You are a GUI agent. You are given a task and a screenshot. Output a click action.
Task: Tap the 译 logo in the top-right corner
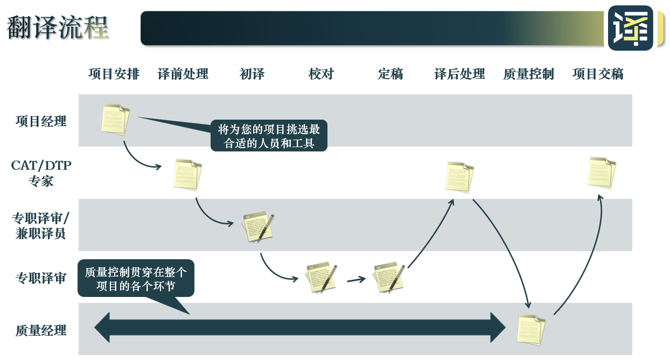pos(630,28)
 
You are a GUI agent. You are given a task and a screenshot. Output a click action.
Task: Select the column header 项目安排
pos(114,74)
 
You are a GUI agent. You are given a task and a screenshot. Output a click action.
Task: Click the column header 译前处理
pos(183,74)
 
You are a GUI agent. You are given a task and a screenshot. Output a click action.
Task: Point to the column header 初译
pos(252,74)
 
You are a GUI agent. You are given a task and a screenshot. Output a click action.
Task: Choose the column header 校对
pos(321,74)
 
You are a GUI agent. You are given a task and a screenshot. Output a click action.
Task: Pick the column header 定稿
pos(390,74)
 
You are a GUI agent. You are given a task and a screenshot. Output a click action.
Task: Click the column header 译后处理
pos(459,74)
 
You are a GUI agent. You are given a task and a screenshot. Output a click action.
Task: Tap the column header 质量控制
pos(528,74)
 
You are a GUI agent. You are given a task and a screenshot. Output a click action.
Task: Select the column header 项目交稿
pos(598,74)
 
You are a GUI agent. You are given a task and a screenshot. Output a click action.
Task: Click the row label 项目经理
pos(41,121)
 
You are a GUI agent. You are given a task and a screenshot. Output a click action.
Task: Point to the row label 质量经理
pos(41,330)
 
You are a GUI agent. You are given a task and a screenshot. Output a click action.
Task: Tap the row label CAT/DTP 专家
pos(41,173)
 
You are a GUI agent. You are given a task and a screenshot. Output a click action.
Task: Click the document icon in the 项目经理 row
pos(115,119)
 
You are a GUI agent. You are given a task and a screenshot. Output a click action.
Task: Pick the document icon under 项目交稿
pos(601,172)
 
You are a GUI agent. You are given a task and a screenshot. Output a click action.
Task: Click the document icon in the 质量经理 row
pos(531,329)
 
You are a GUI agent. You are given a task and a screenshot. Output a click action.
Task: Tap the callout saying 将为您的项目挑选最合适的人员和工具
pos(269,136)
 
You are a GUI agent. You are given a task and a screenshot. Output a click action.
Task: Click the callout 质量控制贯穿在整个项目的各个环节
pos(136,279)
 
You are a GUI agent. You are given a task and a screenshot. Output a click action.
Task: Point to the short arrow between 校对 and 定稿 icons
pos(356,279)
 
